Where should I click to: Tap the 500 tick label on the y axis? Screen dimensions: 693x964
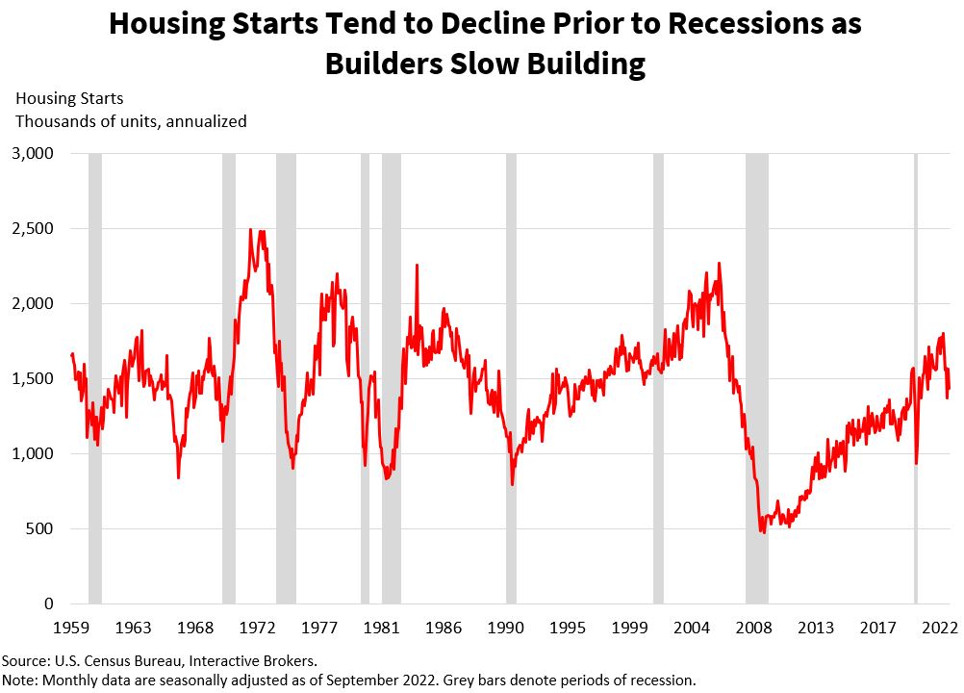pos(39,529)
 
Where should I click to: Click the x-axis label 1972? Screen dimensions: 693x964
pos(257,629)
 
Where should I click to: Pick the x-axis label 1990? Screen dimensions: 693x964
pos(506,629)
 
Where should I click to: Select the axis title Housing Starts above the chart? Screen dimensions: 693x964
pos(69,98)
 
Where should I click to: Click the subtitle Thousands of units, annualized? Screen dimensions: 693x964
pos(131,121)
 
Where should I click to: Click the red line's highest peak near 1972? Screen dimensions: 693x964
pos(251,230)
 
